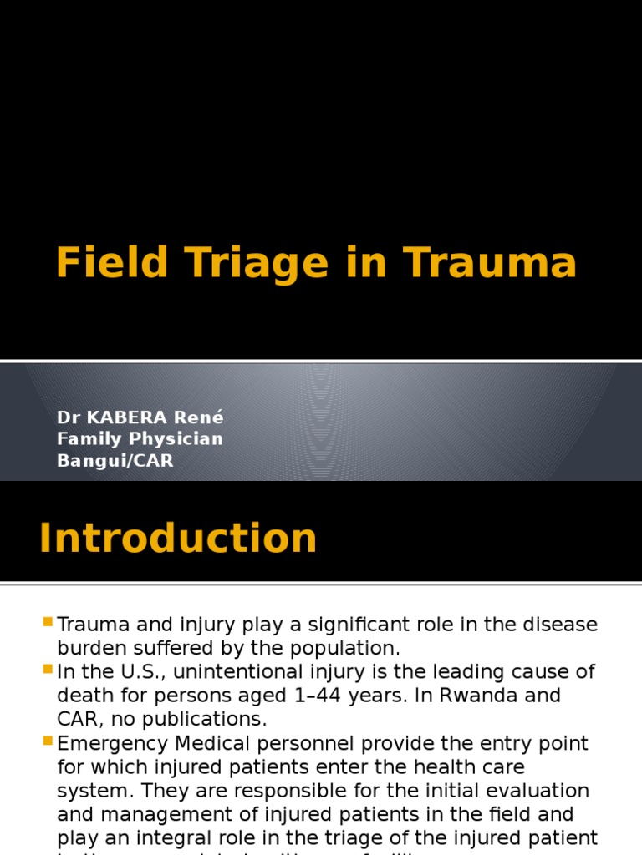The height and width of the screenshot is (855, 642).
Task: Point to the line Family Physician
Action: tap(140, 438)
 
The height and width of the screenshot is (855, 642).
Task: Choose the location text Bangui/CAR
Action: tap(115, 460)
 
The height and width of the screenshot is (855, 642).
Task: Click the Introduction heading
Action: tap(178, 539)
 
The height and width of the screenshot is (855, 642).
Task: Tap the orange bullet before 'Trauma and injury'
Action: tap(47, 622)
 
